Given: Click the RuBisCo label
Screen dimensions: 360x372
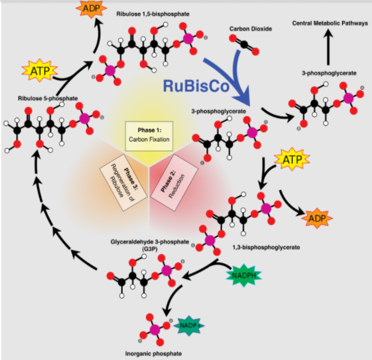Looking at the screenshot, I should tap(196, 85).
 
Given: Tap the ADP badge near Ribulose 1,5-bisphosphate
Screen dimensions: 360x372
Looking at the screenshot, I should tap(89, 9).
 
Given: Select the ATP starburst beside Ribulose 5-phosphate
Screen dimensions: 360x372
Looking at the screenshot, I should tap(36, 71).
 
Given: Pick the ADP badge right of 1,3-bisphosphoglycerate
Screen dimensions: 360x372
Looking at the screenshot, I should tap(317, 218).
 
